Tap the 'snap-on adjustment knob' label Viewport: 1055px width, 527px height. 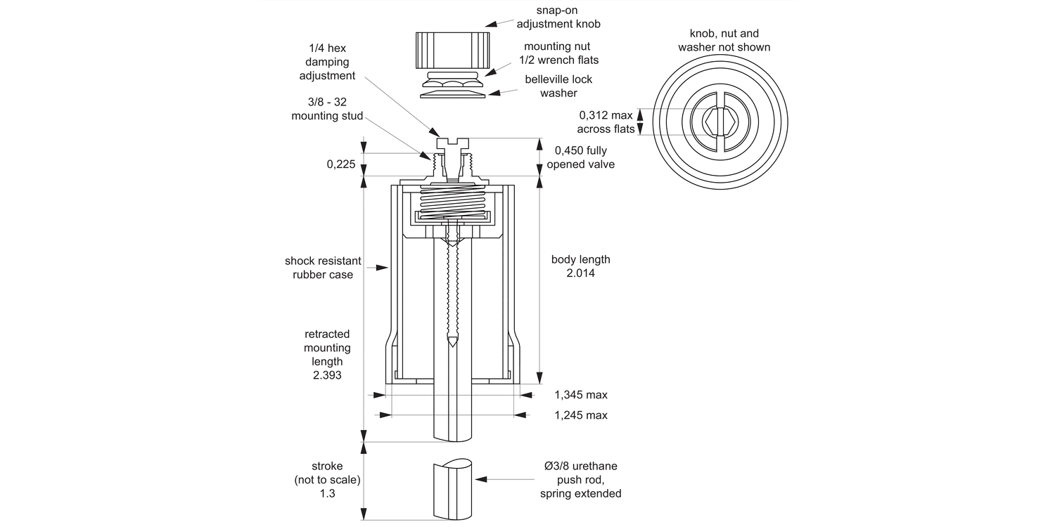(558, 17)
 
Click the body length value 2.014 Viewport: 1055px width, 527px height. (580, 273)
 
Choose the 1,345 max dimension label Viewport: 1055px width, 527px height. (580, 395)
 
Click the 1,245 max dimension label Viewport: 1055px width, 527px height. (580, 415)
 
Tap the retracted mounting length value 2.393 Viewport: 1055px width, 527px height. (327, 375)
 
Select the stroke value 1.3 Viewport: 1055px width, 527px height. (327, 493)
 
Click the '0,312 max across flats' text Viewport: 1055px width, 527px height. (606, 122)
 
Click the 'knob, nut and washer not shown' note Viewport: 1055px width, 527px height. (724, 40)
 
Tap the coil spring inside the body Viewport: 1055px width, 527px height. (452, 202)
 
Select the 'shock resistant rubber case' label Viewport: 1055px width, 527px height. (323, 268)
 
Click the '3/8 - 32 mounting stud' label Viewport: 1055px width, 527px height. (327, 109)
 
